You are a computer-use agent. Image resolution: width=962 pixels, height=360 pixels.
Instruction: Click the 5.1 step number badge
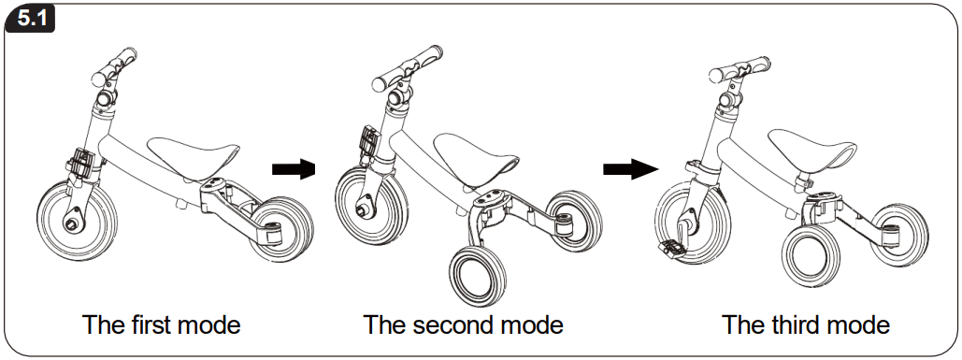pyautogui.click(x=31, y=18)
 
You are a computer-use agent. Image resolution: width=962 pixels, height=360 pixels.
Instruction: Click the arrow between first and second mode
pyautogui.click(x=292, y=169)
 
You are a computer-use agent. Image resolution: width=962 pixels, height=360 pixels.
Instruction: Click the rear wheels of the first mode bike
pyautogui.click(x=283, y=230)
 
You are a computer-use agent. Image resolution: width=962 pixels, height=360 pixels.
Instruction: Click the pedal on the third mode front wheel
pyautogui.click(x=675, y=248)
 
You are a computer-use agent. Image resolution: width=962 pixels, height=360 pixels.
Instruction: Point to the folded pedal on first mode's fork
pyautogui.click(x=81, y=164)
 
